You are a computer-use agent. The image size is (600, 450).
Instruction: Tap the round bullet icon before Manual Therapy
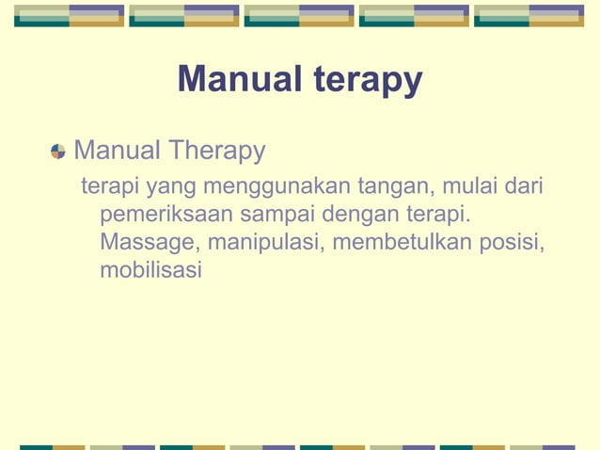58,151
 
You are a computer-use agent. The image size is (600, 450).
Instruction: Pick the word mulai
466,185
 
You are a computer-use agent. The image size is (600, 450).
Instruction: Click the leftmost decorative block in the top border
69,15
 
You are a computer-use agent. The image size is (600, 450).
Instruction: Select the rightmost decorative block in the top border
529,15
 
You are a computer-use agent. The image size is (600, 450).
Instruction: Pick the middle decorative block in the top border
299,15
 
